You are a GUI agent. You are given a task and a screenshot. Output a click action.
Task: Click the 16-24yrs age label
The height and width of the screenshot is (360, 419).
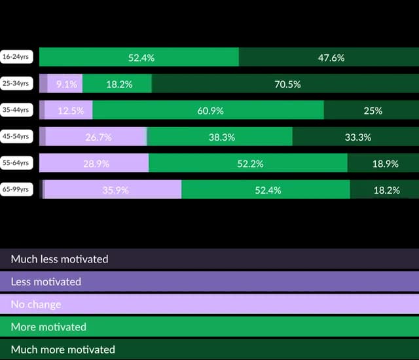(x=16, y=57)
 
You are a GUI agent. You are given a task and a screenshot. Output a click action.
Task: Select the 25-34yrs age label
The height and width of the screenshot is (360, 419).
(x=16, y=84)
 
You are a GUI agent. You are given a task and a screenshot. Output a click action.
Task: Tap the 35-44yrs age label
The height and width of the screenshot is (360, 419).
(x=16, y=110)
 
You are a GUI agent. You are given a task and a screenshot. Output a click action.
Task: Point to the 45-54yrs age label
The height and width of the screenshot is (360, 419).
(x=16, y=137)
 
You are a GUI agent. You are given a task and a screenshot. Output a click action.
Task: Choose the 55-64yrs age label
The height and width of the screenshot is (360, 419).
(x=16, y=163)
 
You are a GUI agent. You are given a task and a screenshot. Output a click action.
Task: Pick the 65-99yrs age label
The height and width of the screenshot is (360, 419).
(x=16, y=190)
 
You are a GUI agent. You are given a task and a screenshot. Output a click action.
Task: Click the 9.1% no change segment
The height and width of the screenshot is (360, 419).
(x=65, y=84)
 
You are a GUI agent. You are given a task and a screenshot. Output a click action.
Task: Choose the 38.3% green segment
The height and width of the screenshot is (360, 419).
(x=220, y=137)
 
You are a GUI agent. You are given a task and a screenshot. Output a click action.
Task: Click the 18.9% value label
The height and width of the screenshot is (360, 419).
(x=385, y=164)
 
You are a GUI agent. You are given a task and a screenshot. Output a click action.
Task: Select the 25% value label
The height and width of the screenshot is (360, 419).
(x=373, y=111)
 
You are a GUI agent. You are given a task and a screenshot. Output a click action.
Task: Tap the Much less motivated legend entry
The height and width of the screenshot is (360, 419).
(x=209, y=259)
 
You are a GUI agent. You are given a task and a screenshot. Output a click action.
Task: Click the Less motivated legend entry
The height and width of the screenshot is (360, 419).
(x=209, y=281)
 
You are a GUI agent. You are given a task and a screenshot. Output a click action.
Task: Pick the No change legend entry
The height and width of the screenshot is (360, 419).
(x=209, y=304)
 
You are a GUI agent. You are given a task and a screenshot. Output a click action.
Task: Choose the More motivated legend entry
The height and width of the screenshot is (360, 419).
(x=209, y=326)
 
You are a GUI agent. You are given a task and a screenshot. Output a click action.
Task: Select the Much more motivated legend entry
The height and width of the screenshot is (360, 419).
(x=209, y=349)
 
